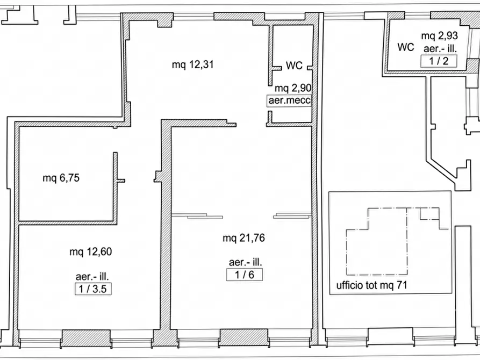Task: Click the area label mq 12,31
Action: (192, 64)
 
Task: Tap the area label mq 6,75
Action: (61, 177)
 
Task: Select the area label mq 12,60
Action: (91, 251)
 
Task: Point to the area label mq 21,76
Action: (243, 238)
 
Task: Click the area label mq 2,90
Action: (293, 88)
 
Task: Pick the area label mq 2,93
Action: (439, 36)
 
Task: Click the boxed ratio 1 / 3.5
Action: (93, 289)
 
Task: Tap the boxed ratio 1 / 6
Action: (244, 275)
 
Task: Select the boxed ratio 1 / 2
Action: (439, 61)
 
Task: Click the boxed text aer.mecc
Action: (289, 100)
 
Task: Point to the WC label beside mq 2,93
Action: (406, 47)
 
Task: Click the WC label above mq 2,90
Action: (294, 65)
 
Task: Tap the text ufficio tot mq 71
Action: (371, 285)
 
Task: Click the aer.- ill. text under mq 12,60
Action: (92, 276)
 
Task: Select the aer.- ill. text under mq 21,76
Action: (245, 262)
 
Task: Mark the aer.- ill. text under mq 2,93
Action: (440, 48)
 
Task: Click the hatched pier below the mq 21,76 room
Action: (244, 337)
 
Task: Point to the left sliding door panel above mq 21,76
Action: (197, 216)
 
